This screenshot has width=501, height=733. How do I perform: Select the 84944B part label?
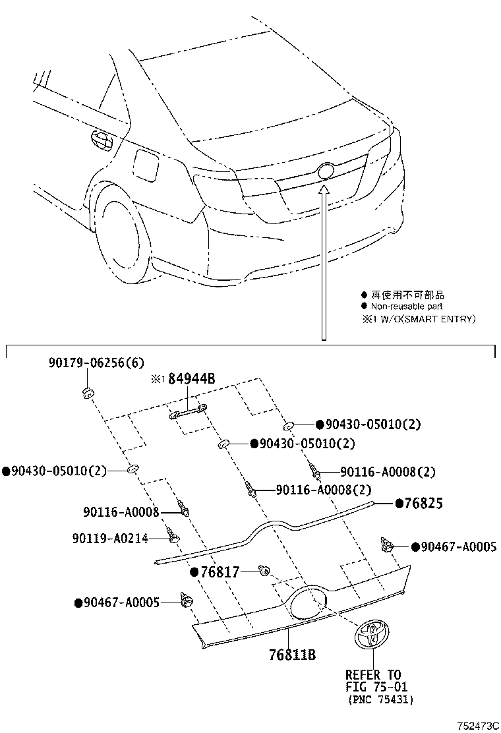(192, 379)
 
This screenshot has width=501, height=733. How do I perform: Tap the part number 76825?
(423, 504)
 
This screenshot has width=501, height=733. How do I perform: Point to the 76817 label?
(220, 572)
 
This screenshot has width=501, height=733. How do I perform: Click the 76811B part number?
(293, 655)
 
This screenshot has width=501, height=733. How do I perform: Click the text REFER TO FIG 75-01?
(372, 680)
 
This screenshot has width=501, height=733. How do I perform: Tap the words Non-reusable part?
(406, 307)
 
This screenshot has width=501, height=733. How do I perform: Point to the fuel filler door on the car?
(146, 165)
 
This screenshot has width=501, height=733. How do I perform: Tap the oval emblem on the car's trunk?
(326, 171)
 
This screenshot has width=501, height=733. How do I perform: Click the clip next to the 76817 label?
(265, 570)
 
